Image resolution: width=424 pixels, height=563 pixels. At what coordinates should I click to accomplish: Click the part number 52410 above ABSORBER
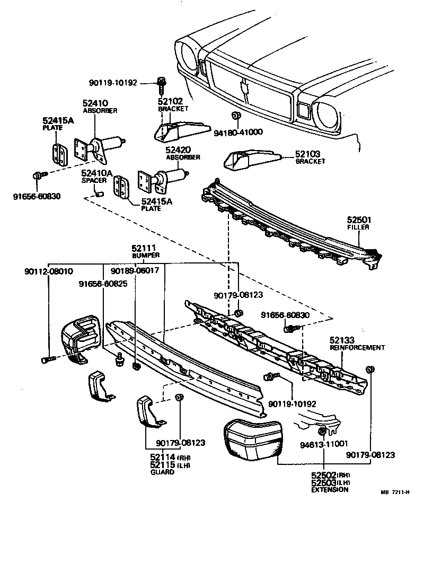click(95, 103)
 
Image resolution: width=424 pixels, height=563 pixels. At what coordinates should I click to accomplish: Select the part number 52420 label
click(179, 150)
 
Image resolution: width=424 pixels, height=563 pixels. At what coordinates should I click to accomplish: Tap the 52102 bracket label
click(170, 102)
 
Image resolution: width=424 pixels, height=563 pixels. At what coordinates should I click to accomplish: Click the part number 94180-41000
click(238, 132)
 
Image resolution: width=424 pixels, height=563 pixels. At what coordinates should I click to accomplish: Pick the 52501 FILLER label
click(358, 219)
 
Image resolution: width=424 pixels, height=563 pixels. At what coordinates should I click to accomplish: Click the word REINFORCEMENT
click(357, 348)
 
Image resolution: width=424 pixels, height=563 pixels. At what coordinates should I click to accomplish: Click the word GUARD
click(162, 472)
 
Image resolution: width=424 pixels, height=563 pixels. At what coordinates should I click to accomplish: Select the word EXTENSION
click(330, 490)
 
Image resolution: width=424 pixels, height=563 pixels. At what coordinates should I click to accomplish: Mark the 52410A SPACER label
click(96, 173)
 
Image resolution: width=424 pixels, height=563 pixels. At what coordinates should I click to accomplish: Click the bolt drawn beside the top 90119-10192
click(161, 82)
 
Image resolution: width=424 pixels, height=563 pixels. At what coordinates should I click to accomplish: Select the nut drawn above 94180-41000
click(237, 116)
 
